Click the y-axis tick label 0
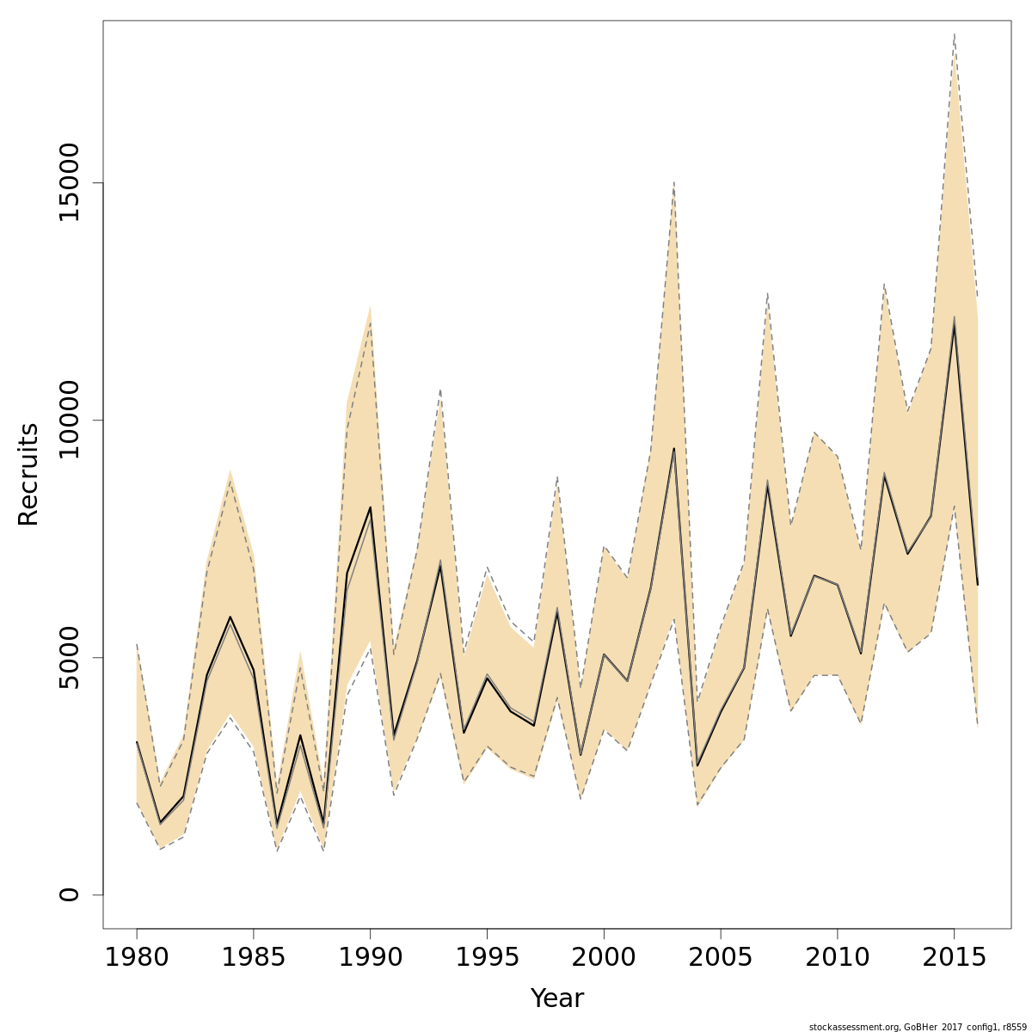click(x=69, y=894)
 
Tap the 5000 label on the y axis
click(x=69, y=657)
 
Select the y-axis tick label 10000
click(x=69, y=421)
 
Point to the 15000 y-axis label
click(x=69, y=183)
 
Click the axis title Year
click(x=556, y=998)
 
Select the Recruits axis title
click(x=28, y=474)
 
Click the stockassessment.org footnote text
click(x=918, y=1027)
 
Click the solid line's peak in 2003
click(x=674, y=448)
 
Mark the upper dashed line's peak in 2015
click(x=954, y=34)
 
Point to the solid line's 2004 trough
click(x=697, y=765)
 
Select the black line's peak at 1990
click(x=370, y=507)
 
